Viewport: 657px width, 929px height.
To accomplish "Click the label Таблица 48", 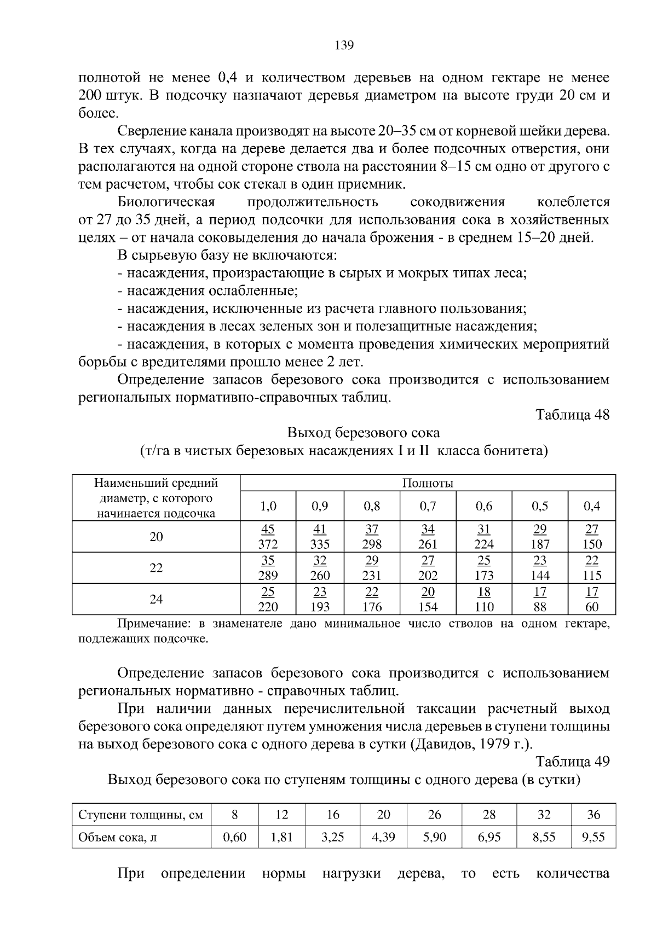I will [x=572, y=415].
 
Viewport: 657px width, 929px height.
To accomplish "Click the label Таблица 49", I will [x=572, y=762].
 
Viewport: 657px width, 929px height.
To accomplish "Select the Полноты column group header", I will [x=428, y=483].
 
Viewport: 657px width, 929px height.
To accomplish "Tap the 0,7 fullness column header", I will [x=428, y=506].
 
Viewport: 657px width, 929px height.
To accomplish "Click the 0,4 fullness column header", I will [x=592, y=506].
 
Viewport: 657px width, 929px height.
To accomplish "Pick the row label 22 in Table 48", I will [x=156, y=568].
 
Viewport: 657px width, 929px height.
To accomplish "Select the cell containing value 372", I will [x=268, y=537].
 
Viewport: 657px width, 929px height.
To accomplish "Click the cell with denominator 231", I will [x=372, y=568].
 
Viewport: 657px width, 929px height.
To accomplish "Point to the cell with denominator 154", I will [x=428, y=600].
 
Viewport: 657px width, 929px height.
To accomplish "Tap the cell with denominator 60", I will [x=592, y=600].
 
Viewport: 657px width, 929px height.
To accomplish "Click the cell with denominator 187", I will [x=539, y=537].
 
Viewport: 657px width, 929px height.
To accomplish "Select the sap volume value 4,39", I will [x=383, y=837].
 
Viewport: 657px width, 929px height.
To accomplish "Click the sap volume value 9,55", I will [x=593, y=837].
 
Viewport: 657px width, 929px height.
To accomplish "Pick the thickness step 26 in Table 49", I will [x=434, y=815].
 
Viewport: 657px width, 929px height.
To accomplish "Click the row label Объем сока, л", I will [x=118, y=837].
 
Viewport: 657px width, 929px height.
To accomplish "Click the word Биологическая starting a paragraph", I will [x=166, y=202].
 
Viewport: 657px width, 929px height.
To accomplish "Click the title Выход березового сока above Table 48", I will [x=364, y=433].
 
